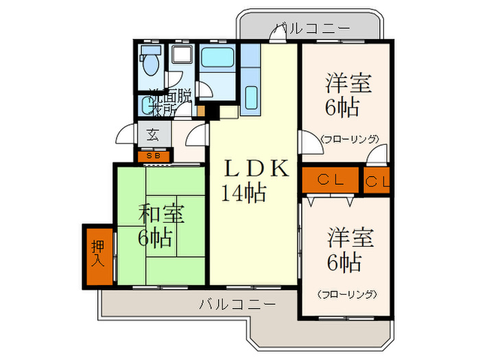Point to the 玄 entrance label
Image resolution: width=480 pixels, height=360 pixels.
152,134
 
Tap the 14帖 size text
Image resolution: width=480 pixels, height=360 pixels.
243,193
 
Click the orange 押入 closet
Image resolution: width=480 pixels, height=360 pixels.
98,254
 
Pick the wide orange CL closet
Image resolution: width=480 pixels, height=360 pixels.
330,180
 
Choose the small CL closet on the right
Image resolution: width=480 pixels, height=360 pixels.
376,181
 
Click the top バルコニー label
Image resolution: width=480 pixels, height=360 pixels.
312,28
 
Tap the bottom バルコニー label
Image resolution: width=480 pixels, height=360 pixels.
239,303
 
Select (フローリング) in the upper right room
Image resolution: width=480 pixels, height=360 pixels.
349,139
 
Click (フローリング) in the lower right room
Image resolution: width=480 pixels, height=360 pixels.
348,294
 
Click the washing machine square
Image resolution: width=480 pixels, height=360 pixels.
181,59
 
